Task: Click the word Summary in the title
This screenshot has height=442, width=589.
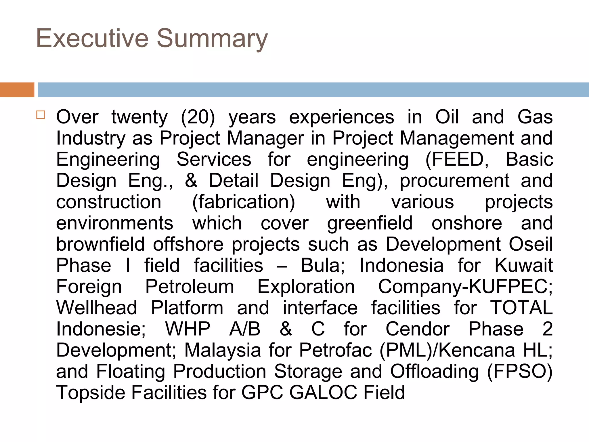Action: point(212,39)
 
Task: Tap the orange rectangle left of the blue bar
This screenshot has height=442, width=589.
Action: point(17,90)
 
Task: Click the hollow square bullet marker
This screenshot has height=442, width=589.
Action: point(41,115)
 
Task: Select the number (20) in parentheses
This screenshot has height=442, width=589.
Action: point(198,117)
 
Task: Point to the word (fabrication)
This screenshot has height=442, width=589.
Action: point(243,202)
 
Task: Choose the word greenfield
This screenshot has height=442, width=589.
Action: point(370,223)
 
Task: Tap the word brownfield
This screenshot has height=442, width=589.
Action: point(100,244)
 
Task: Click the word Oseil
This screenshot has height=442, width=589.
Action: point(531,244)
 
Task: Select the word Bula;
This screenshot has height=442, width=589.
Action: point(323,265)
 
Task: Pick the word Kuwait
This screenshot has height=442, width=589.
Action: point(523,265)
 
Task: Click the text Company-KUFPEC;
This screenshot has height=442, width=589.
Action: point(465,287)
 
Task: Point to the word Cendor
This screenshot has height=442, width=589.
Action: point(417,329)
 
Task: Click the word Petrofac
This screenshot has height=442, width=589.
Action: point(335,350)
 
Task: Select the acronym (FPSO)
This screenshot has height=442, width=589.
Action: point(519,371)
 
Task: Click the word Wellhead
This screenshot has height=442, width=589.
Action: point(97,308)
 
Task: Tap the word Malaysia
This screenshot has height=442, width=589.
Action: point(222,350)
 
